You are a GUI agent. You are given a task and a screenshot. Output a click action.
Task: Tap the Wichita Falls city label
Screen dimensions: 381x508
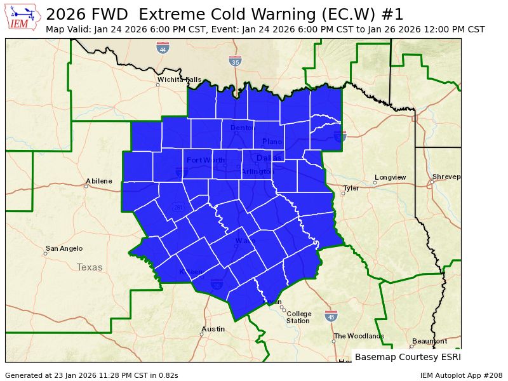[x=180, y=79]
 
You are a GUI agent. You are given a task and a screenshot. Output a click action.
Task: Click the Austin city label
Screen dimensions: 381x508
[x=213, y=329]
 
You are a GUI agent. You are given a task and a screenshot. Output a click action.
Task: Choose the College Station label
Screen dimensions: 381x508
[x=298, y=317]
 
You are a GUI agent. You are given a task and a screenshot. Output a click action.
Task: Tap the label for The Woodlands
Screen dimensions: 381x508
[x=359, y=336]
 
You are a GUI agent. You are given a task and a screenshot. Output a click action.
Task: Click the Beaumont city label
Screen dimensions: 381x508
[x=429, y=341]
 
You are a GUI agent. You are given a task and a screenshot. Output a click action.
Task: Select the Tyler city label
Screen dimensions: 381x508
[x=351, y=188]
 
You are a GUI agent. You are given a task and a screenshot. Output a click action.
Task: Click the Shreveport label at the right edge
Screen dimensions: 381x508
[x=446, y=177]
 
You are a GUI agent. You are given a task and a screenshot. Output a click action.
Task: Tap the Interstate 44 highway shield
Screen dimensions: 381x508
[x=163, y=48]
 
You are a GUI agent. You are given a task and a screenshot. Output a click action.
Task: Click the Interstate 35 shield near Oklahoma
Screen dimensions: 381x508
[x=235, y=61]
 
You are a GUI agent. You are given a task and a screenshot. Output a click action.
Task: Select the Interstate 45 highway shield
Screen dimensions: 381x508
[x=331, y=316]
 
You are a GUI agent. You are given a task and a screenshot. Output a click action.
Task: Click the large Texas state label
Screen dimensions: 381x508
[x=90, y=267]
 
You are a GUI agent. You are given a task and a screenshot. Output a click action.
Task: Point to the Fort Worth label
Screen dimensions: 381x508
[x=206, y=160]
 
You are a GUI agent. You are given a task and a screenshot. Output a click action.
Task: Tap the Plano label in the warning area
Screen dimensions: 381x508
[x=272, y=141]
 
